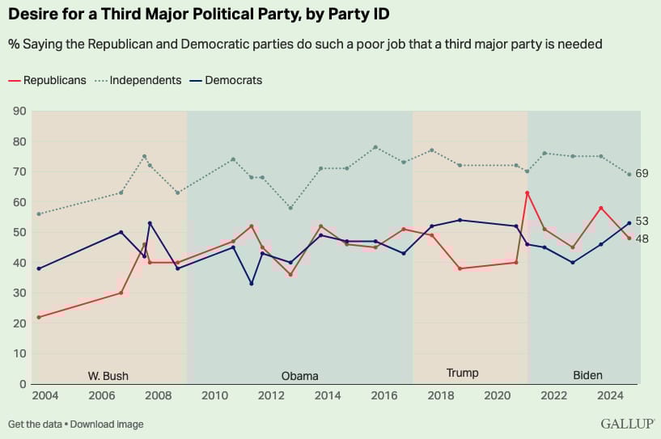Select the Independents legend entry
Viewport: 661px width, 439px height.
(145, 80)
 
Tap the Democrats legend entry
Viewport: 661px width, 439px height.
(233, 80)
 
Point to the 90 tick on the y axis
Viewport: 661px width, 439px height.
(18, 111)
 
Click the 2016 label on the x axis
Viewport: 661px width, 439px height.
(384, 395)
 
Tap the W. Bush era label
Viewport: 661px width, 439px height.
(108, 375)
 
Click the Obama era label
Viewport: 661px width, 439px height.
(299, 375)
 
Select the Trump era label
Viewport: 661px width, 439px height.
(462, 373)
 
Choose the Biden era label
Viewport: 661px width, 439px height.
(587, 375)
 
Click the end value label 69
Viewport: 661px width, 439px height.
(642, 174)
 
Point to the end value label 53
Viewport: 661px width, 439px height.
(642, 221)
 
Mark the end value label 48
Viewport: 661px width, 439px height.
(642, 238)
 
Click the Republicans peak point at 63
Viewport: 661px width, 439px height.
(527, 193)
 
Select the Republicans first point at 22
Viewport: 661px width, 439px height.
(38, 317)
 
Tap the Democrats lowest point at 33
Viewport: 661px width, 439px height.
(252, 284)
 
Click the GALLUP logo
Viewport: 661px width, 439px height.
(627, 424)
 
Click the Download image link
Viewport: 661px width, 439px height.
(107, 424)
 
